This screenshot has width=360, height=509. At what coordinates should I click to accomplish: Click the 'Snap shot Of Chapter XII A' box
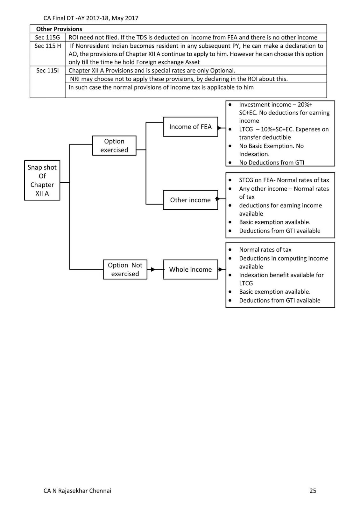click(x=42, y=180)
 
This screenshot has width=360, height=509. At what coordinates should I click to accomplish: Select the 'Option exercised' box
click(x=114, y=146)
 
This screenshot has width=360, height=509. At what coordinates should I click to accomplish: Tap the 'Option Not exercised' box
click(x=125, y=269)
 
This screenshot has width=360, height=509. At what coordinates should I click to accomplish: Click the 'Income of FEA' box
click(x=190, y=127)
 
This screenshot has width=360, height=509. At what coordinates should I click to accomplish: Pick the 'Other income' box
click(x=190, y=200)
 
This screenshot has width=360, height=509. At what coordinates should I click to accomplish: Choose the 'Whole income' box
click(x=190, y=269)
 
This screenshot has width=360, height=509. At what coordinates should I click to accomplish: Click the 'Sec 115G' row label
click(x=47, y=38)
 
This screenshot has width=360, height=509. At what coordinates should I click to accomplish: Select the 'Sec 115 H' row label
click(x=48, y=46)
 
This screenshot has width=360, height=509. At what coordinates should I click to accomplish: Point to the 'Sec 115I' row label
click(x=47, y=71)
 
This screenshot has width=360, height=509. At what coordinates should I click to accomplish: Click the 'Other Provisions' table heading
click(x=59, y=29)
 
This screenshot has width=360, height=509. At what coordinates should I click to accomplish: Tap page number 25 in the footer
click(x=313, y=491)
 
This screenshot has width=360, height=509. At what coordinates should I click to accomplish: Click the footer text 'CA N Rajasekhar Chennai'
click(x=77, y=491)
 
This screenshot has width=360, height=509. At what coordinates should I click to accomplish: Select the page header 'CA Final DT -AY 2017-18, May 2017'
click(x=91, y=18)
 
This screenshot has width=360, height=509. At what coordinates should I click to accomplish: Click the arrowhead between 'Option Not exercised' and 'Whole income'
click(x=153, y=269)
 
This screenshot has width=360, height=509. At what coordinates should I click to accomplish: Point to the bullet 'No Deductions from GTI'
click(x=272, y=163)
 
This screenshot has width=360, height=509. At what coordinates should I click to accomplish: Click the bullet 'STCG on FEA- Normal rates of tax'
click(x=284, y=180)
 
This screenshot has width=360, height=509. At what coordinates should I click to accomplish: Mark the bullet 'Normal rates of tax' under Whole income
click(x=265, y=250)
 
